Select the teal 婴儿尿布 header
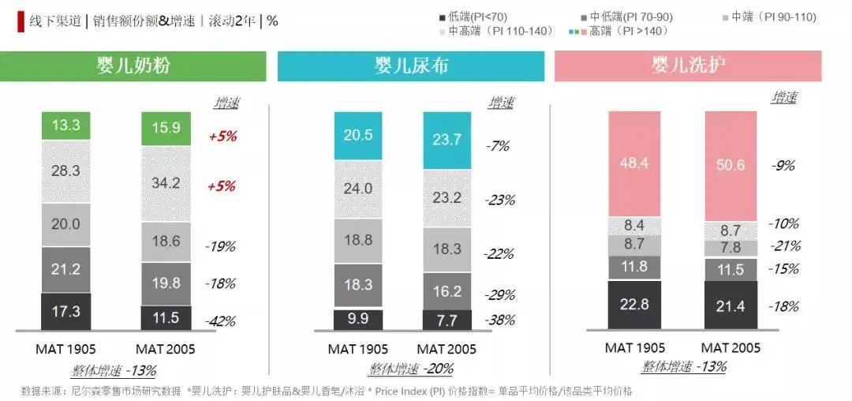(410, 66)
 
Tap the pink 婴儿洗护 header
(688, 66)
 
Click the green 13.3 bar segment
(65, 126)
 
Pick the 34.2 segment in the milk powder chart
(166, 183)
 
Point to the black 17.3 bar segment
(65, 311)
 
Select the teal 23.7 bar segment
(447, 141)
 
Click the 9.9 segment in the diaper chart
(358, 319)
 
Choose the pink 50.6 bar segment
(731, 165)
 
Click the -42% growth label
(220, 321)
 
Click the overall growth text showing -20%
(410, 369)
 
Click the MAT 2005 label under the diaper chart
(447, 348)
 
